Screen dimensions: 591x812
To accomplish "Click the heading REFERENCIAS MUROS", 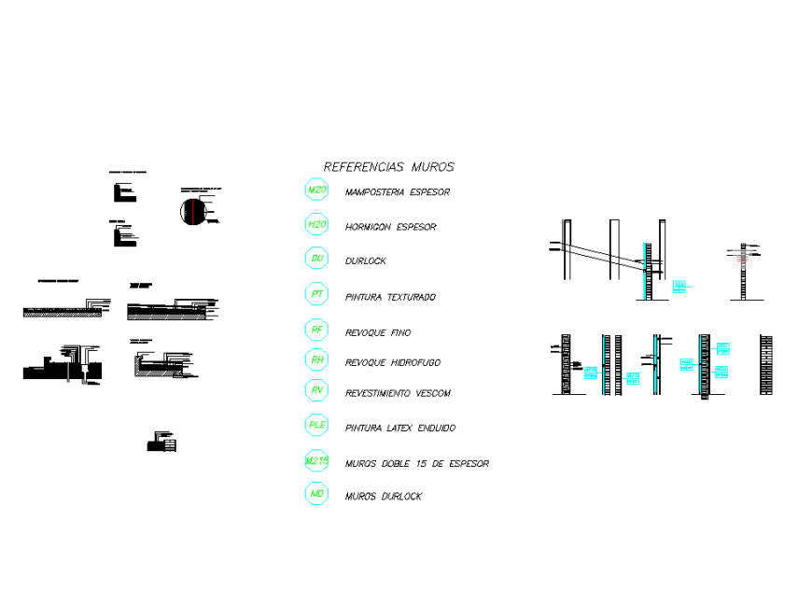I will [388, 167].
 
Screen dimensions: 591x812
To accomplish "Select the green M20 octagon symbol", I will [317, 190].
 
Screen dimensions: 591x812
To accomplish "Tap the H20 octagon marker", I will [317, 224].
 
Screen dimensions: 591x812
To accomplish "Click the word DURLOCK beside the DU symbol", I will [365, 261].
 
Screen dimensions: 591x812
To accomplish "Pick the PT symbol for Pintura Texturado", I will [317, 294].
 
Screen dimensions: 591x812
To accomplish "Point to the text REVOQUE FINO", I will [377, 333].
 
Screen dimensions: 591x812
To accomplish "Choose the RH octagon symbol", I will [317, 359].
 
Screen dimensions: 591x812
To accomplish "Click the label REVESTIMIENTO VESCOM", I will [397, 394].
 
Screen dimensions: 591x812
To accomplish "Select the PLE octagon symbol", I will [317, 426].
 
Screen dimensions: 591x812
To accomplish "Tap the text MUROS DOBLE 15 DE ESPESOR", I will [416, 464].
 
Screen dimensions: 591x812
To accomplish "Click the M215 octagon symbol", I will [317, 461].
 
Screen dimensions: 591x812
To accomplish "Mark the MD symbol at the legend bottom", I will [317, 494].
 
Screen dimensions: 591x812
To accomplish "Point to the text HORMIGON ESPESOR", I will [390, 227].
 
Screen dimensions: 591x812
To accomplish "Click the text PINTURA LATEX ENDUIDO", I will [399, 429].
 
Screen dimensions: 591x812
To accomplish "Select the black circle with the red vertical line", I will [191, 211].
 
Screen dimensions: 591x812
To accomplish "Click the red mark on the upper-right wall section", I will [744, 261].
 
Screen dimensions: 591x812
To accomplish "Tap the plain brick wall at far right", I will [766, 363].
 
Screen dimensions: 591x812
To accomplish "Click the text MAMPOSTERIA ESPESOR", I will [397, 193].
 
